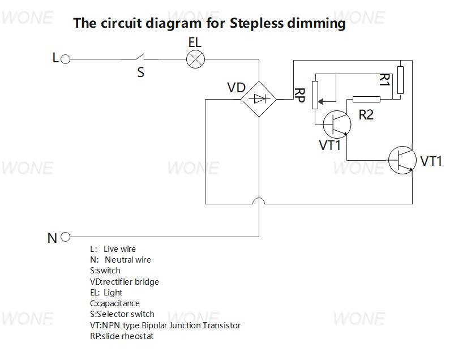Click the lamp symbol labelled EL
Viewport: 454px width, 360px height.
195,59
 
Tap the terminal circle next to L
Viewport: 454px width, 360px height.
66,59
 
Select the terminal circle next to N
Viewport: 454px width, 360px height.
66,237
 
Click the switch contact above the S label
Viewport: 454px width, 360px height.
140,57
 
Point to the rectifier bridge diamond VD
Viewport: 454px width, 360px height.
259,99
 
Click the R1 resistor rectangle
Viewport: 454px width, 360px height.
400,80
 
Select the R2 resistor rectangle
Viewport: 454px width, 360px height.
366,100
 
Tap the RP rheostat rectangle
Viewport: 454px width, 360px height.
315,95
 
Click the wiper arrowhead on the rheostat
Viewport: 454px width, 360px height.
320,102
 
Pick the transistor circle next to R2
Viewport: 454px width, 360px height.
337,125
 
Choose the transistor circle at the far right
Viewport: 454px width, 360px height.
402,160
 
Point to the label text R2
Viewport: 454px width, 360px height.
366,115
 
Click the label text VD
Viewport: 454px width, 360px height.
236,88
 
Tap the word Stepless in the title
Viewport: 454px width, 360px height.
256,23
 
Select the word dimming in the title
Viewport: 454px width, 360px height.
316,23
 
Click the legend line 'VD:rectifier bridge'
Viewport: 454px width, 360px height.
125,282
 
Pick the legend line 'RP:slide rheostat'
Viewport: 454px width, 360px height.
122,336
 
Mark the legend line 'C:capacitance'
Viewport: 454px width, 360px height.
115,303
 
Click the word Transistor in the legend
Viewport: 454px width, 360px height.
221,325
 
